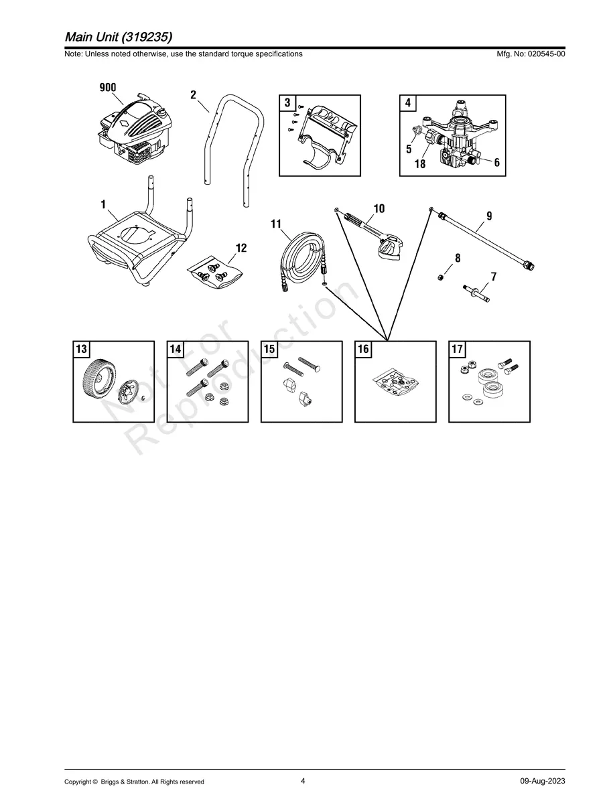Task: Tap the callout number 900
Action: pos(108,88)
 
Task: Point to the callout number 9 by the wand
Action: pos(489,216)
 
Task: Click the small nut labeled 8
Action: pos(440,277)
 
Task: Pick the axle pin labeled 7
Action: pos(476,293)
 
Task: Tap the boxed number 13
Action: pos(81,349)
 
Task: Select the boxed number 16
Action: pos(363,349)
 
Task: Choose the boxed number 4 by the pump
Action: pos(408,103)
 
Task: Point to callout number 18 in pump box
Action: pos(419,164)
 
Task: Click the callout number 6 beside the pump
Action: pos(497,162)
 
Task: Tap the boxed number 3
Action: pos(287,103)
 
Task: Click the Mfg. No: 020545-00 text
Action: pos(529,54)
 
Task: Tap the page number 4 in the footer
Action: pos(303,781)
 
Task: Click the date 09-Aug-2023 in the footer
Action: pos(542,782)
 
